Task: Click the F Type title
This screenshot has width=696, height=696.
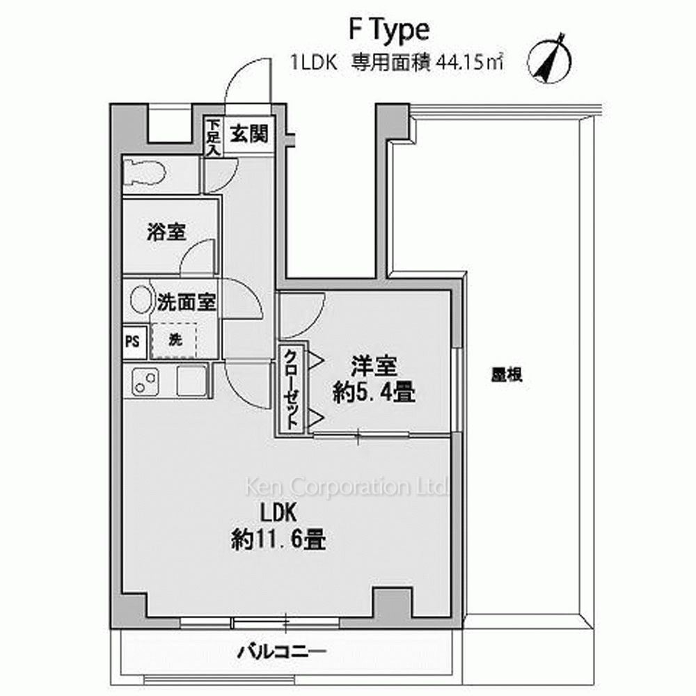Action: coord(389,31)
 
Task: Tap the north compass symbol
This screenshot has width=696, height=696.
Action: coord(550,61)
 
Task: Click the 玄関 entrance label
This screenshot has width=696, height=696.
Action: coord(249,133)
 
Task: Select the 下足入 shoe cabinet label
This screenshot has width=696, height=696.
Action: coord(214,136)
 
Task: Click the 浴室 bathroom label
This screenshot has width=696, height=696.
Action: coord(166,232)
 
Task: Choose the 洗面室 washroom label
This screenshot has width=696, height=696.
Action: coord(187,302)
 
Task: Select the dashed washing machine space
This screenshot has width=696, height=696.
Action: coord(174,340)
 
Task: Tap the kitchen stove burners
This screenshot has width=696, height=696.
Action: coord(145,381)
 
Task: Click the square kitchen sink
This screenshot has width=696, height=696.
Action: coord(192,380)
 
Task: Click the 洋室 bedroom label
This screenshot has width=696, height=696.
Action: coord(374,366)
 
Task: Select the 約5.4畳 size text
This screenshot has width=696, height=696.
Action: coord(374,393)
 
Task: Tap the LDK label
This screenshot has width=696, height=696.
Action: coord(278,513)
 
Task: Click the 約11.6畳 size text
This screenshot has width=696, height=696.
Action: coord(279,540)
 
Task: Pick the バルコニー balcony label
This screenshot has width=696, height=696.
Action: coord(282,652)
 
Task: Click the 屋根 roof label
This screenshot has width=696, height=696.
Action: coord(507,375)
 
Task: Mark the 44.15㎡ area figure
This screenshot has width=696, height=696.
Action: coord(470,63)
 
